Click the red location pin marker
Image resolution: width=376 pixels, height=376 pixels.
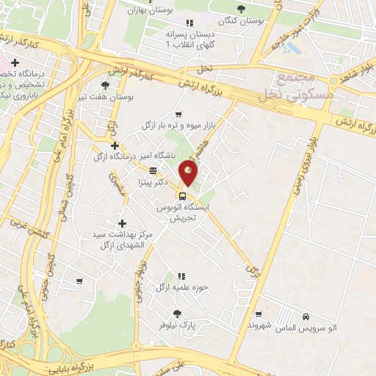click(x=189, y=173)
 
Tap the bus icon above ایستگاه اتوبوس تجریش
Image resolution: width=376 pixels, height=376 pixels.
click(x=182, y=195)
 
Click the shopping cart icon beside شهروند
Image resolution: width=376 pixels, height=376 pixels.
click(x=258, y=314)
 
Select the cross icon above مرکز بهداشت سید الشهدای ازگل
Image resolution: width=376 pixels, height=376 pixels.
click(x=122, y=223)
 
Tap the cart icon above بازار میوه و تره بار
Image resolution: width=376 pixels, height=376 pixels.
click(x=178, y=114)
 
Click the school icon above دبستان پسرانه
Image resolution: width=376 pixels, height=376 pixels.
click(x=190, y=23)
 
